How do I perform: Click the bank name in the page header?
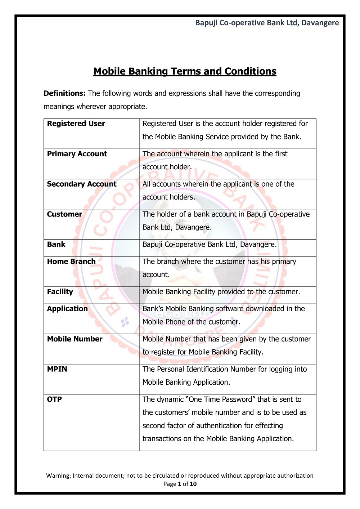[x=267, y=23]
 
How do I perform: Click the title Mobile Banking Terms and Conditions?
[x=185, y=71]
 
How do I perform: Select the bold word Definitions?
[x=64, y=93]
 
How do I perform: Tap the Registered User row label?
[x=76, y=124]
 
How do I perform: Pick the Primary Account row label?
[x=77, y=154]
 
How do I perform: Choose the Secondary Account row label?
[x=82, y=184]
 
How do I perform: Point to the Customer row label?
[x=64, y=214]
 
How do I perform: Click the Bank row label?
[x=56, y=244]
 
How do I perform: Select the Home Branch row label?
[x=71, y=262]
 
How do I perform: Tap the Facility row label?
[x=60, y=292]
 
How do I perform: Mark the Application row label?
[x=67, y=309]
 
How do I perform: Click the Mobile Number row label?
[x=75, y=339]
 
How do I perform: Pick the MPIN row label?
[x=57, y=369]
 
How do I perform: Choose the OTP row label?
[x=54, y=399]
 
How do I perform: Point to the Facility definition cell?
[x=221, y=292]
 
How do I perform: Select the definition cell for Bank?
[x=210, y=245]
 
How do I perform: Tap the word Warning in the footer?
[x=58, y=475]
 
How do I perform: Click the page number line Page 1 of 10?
[x=180, y=484]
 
